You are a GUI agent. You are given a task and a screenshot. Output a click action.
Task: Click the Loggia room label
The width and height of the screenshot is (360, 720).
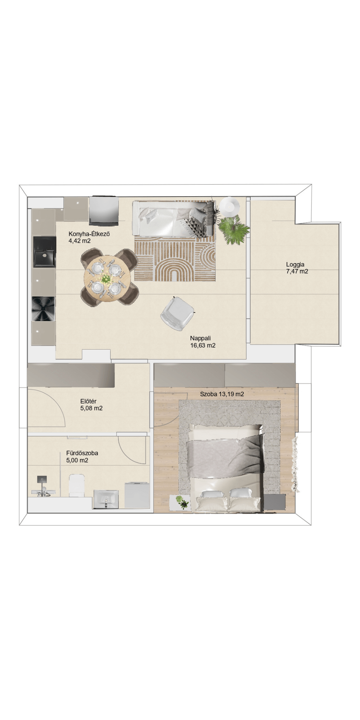tap(295, 265)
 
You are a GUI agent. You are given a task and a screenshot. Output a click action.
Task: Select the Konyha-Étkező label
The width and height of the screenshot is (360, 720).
tap(89, 234)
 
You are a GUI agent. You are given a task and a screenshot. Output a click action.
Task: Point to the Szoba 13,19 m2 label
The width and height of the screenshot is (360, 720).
tap(222, 394)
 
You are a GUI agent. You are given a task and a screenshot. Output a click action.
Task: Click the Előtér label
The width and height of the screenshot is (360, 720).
tap(88, 401)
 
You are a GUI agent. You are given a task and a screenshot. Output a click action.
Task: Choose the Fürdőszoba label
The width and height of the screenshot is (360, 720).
tap(82, 453)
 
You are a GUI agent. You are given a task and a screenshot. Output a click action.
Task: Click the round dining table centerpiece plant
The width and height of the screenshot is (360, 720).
tap(105, 279)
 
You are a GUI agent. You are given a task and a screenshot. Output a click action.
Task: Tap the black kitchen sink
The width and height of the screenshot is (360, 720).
tap(45, 252)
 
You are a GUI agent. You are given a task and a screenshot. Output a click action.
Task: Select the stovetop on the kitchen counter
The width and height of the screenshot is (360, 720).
tap(44, 309)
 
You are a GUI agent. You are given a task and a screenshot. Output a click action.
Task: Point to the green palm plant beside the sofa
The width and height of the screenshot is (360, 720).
tap(233, 230)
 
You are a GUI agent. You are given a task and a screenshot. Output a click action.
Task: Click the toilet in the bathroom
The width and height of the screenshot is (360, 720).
tap(76, 485)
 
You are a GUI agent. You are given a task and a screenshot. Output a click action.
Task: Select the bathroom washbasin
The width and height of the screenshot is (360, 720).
tap(106, 499)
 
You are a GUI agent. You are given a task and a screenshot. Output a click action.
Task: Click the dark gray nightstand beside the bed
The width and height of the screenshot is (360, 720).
tap(275, 502)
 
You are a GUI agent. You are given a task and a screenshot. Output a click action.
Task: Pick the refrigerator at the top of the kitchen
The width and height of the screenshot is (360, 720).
tap(104, 211)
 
